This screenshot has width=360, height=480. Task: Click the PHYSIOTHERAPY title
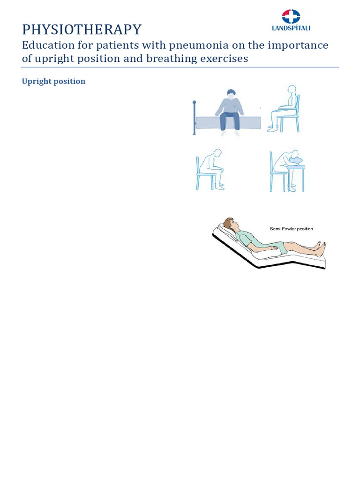click(82, 30)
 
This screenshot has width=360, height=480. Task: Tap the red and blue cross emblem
click(291, 16)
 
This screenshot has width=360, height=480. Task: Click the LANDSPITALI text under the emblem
click(291, 28)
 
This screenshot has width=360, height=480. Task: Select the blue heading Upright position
click(53, 81)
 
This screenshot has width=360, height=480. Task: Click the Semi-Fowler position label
click(291, 229)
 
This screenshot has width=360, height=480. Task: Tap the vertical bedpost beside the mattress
click(194, 117)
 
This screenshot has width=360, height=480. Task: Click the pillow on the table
click(296, 161)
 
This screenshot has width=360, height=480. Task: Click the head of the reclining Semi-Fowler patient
click(229, 223)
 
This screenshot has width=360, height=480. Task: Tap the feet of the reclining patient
click(320, 249)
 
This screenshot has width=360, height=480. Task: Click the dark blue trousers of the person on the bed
click(229, 120)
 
